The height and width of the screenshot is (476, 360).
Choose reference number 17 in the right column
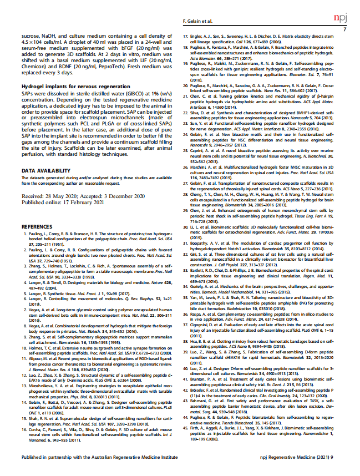(186, 36)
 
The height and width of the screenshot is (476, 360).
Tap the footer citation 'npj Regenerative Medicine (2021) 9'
(305, 458)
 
